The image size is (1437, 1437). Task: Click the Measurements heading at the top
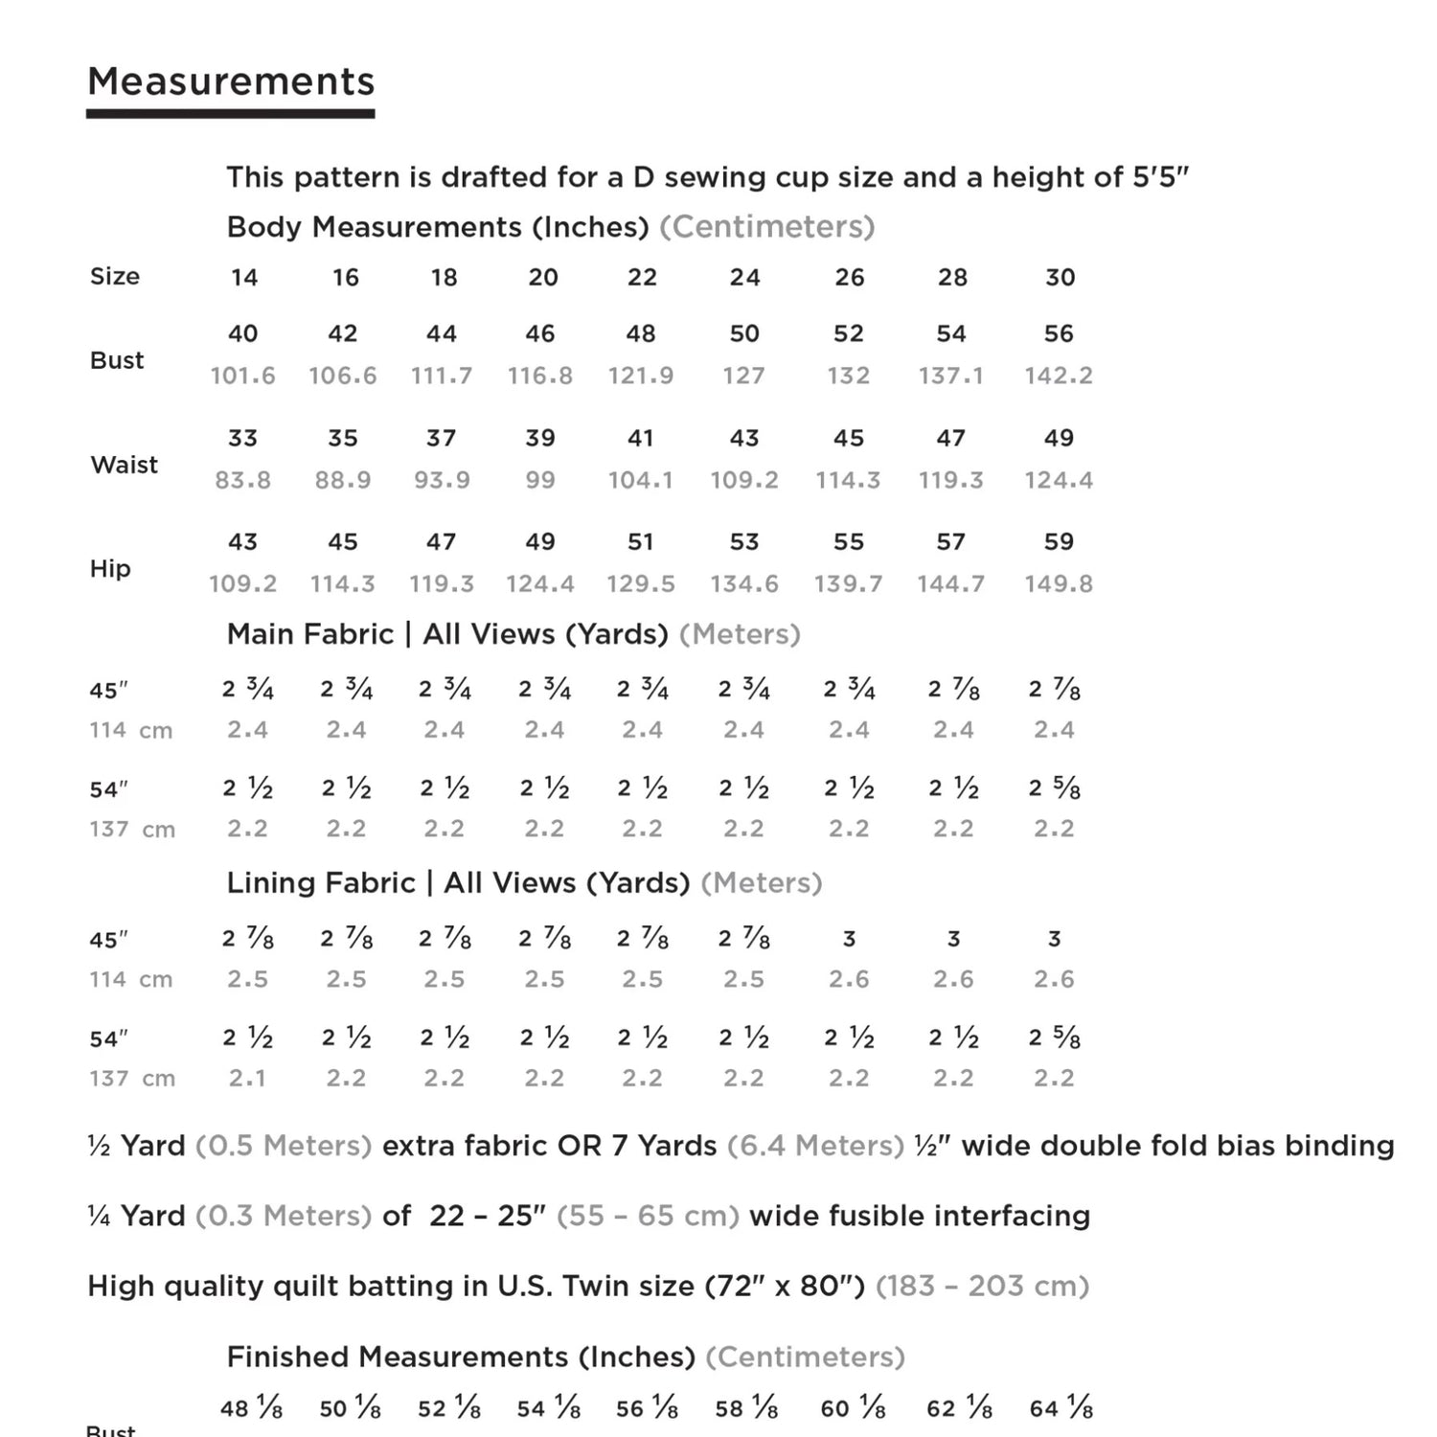231,82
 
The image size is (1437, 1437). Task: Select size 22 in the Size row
642,278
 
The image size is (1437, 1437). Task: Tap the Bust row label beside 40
117,360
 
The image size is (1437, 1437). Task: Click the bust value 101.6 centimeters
242,376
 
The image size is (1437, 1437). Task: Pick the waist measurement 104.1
640,480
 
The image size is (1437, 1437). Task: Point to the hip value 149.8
1058,583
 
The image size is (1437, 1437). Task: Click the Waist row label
124,465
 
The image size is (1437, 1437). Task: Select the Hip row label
109,568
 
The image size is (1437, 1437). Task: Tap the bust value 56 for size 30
1058,333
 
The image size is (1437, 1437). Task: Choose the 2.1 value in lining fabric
246,1079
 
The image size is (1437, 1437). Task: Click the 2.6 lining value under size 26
848,979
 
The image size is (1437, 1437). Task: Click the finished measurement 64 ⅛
1061,1408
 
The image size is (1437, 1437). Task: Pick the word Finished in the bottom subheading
288,1357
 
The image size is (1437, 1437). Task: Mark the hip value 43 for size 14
242,542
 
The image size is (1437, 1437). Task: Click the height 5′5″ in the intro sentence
1160,177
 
